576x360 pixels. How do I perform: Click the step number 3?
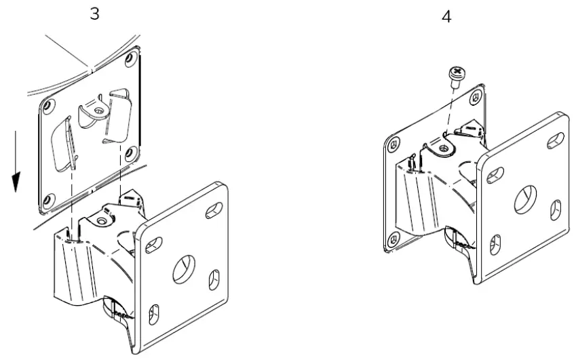point(95,14)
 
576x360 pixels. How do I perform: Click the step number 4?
point(446,16)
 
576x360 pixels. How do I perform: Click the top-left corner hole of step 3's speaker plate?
point(48,106)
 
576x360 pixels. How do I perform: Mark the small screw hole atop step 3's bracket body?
point(102,222)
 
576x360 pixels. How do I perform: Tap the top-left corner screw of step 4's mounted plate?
point(391,145)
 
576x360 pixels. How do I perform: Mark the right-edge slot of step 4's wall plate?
point(556,209)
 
